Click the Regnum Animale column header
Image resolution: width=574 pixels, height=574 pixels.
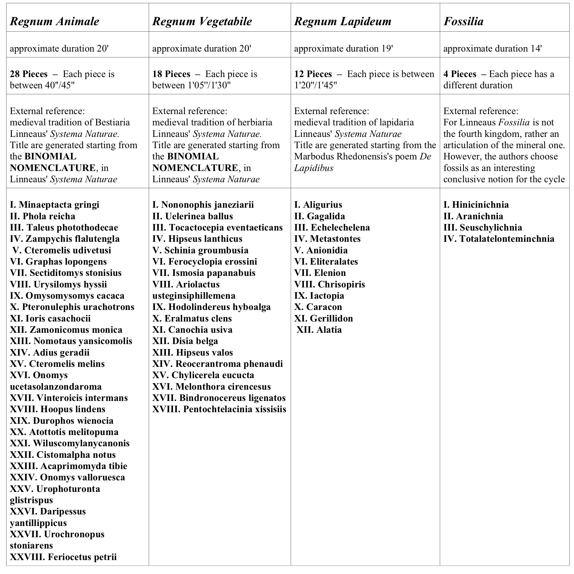[x=55, y=21]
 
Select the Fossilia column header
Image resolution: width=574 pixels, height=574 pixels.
[x=463, y=21]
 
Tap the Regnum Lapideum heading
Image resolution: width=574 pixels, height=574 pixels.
[x=343, y=21]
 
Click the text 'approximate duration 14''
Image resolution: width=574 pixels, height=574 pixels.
[x=492, y=49]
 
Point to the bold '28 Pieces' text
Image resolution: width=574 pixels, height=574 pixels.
[x=28, y=74]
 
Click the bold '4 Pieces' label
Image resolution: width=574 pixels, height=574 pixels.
[x=460, y=74]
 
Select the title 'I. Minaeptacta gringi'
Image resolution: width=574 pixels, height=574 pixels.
[x=55, y=205]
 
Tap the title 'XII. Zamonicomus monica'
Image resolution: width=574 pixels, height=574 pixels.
[x=66, y=330]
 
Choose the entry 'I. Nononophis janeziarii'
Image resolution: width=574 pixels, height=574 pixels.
[x=203, y=205]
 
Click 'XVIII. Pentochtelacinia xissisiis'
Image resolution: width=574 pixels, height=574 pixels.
[x=219, y=409]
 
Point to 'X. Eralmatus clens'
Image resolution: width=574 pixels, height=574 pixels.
[x=192, y=318]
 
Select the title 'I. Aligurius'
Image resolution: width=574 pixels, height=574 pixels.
[x=318, y=205]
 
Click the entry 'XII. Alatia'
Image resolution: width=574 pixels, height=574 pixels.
[x=319, y=330]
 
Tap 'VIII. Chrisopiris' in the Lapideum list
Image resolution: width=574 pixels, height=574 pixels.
[x=329, y=284]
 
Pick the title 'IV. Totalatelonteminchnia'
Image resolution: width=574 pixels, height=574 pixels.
[x=499, y=239]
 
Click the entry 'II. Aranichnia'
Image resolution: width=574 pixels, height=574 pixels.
[x=473, y=216]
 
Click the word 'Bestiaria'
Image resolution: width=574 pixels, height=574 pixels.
[x=112, y=122]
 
